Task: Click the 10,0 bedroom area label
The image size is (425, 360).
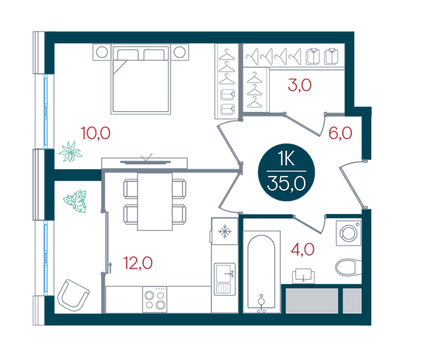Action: (96, 133)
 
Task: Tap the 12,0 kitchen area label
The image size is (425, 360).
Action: (138, 263)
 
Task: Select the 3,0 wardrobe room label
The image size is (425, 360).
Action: (300, 85)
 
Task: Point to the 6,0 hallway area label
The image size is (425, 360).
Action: (341, 133)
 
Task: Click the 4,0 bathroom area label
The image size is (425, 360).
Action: (302, 249)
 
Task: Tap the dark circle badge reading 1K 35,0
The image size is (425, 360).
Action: (286, 172)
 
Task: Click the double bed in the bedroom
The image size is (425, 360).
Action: (141, 79)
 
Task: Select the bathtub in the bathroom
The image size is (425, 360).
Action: (261, 272)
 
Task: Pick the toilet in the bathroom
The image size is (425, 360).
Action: (348, 267)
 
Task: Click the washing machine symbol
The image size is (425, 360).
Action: (348, 233)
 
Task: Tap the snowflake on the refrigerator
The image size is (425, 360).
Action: (225, 232)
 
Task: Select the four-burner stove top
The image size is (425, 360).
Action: (154, 300)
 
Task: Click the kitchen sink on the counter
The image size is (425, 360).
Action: (225, 279)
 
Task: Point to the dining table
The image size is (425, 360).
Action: (154, 202)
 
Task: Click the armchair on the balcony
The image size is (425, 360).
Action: (73, 295)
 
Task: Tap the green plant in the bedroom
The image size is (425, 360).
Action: (70, 152)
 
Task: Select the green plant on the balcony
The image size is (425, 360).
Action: (75, 201)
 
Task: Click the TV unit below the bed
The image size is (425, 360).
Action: (144, 163)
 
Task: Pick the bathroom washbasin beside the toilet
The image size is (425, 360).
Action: (303, 276)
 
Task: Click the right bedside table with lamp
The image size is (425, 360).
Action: (179, 52)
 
